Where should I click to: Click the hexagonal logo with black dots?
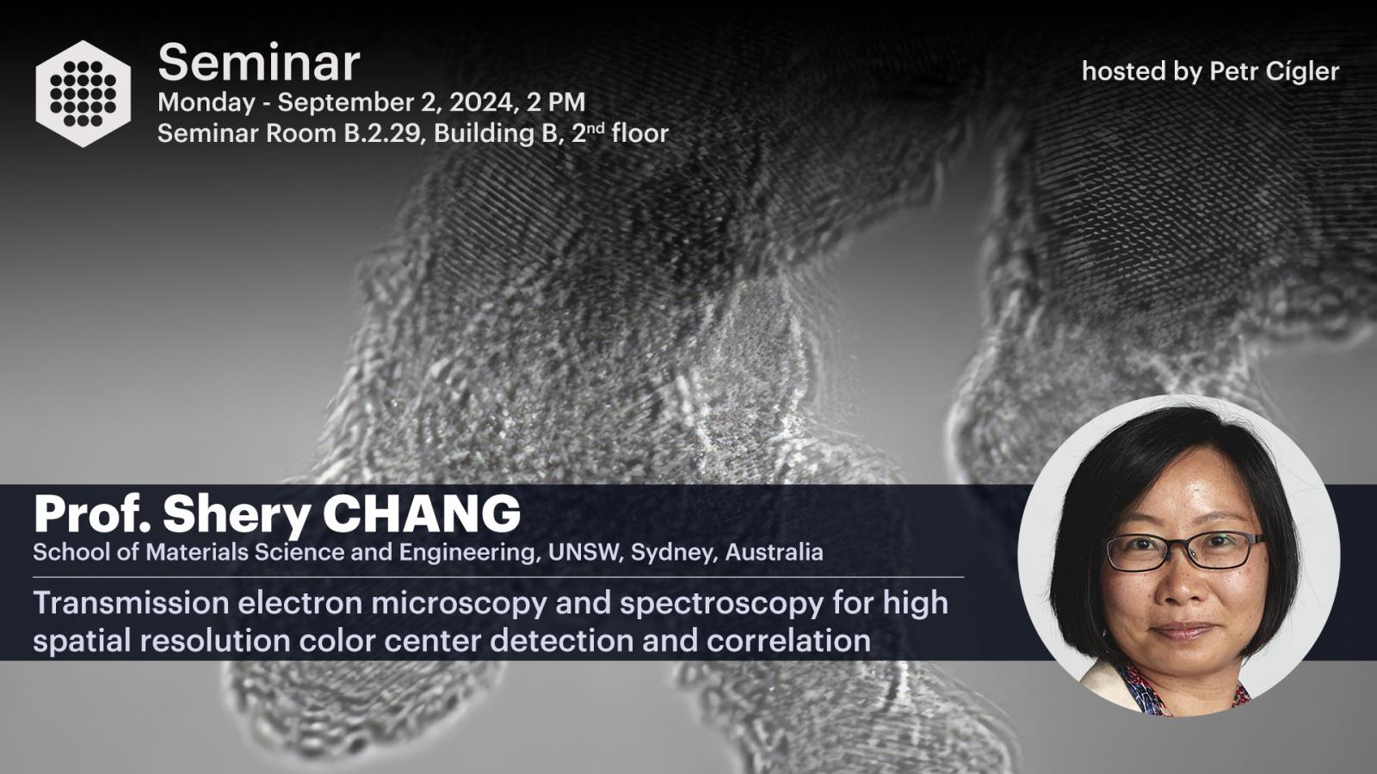pyautogui.click(x=83, y=94)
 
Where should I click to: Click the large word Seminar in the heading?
pyautogui.click(x=259, y=63)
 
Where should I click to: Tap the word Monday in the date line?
pyautogui.click(x=206, y=102)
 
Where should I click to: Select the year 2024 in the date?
pyautogui.click(x=481, y=102)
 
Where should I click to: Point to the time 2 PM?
pyautogui.click(x=556, y=102)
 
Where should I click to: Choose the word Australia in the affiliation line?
pyautogui.click(x=774, y=552)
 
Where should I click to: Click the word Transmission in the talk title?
pyautogui.click(x=131, y=603)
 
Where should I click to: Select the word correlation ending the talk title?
pyautogui.click(x=788, y=640)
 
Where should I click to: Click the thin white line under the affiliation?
pyautogui.click(x=498, y=577)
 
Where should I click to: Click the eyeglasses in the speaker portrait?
pyautogui.click(x=1183, y=550)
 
